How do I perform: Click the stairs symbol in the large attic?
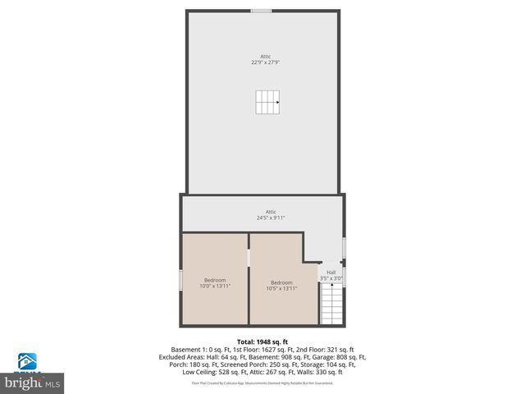click(267, 103)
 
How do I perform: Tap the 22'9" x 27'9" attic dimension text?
click(265, 62)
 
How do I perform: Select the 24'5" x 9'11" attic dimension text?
click(270, 218)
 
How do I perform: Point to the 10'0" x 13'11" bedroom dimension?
click(215, 286)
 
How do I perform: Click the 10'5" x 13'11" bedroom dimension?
click(281, 288)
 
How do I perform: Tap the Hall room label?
click(331, 273)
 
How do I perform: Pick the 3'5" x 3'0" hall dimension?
click(331, 279)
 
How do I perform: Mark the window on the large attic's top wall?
click(262, 11)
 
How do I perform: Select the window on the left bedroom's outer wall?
click(181, 280)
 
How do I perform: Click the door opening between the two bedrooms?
click(249, 258)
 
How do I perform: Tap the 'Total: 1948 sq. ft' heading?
click(262, 341)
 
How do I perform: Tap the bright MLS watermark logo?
click(33, 382)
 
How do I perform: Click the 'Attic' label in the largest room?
click(265, 56)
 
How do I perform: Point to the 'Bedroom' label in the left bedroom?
click(215, 280)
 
